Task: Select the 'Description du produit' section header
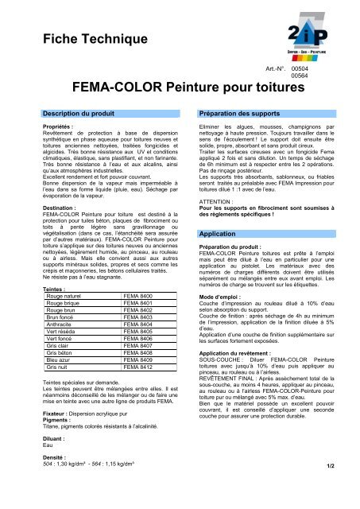click(x=83, y=116)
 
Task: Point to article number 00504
click(x=300, y=70)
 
